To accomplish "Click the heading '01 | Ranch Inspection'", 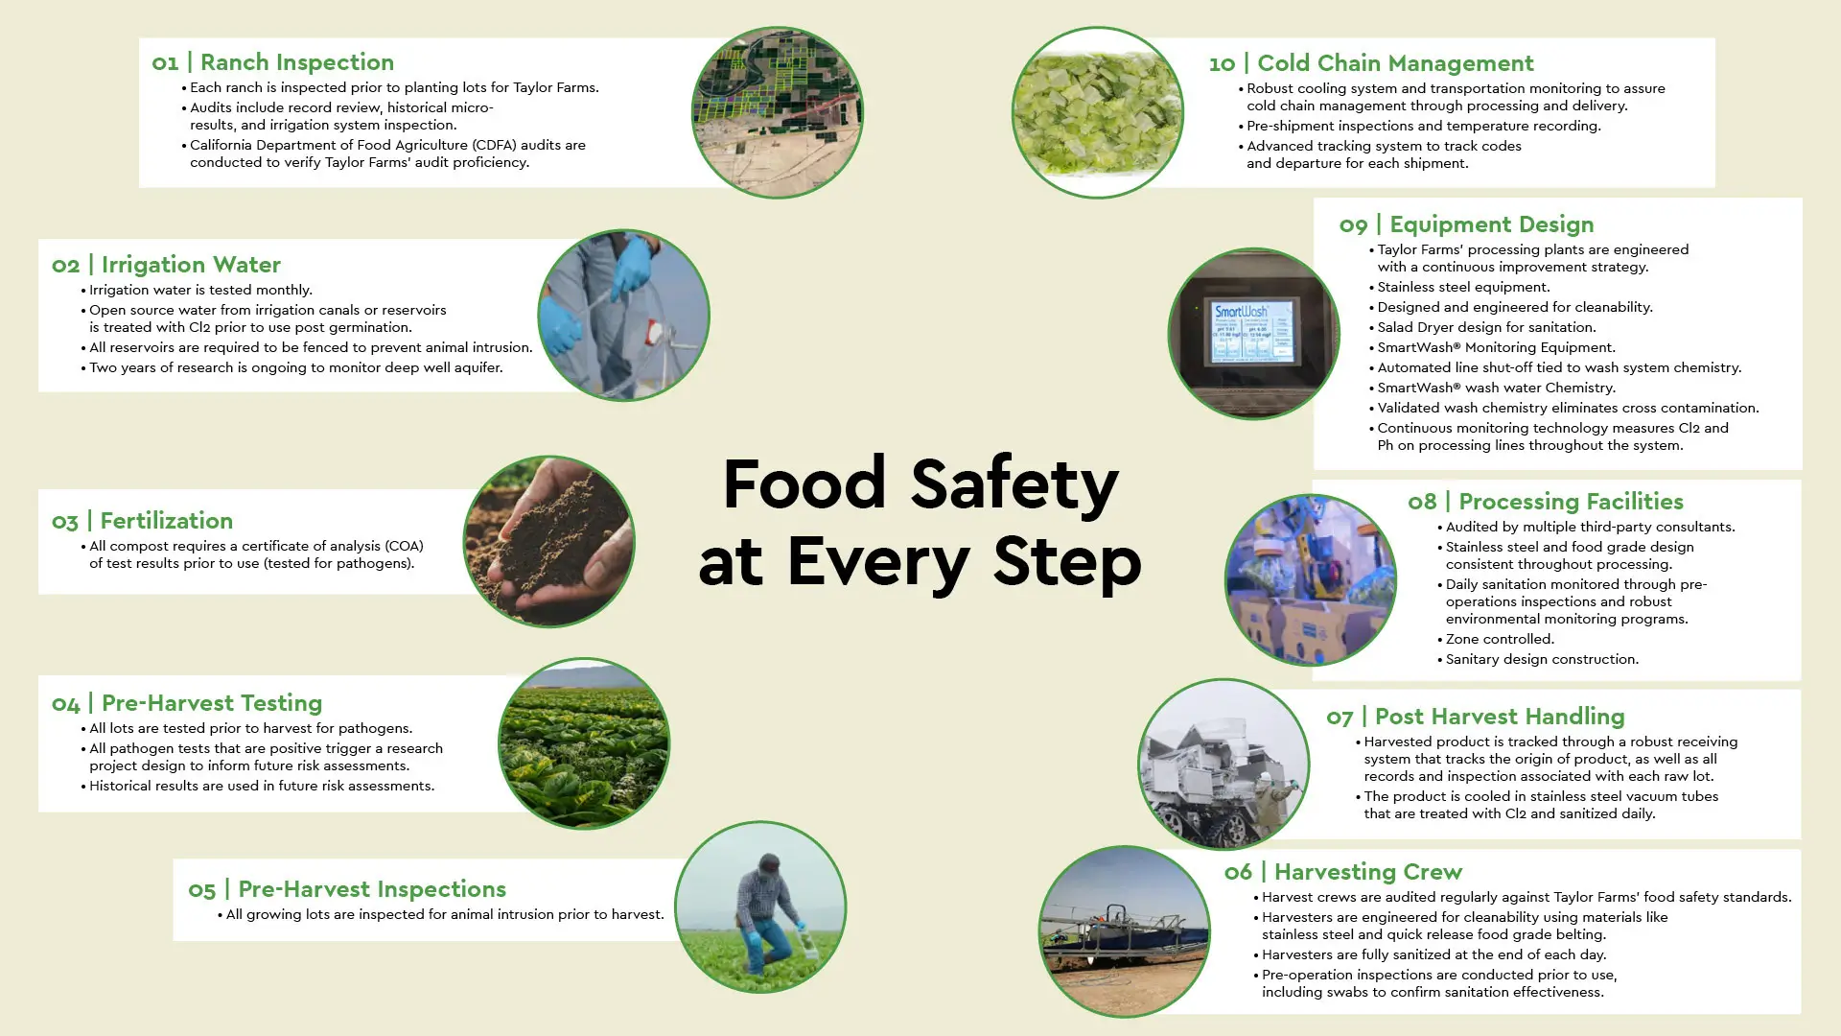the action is pyautogui.click(x=272, y=63).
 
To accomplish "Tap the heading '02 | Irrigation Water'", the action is pyautogui.click(x=166, y=266).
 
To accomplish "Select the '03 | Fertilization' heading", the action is pyautogui.click(x=142, y=521).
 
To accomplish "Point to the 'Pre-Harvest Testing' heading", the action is pyautogui.click(x=212, y=703).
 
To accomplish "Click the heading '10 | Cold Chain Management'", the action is pyautogui.click(x=1371, y=64).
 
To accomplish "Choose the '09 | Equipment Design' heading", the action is pyautogui.click(x=1466, y=225).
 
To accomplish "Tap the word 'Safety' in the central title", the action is pyautogui.click(x=1014, y=485).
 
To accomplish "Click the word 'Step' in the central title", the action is pyautogui.click(x=1067, y=563).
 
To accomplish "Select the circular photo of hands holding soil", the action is pyautogui.click(x=549, y=542).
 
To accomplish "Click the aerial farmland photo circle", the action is pyautogui.click(x=778, y=112).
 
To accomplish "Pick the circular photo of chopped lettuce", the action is pyautogui.click(x=1098, y=112).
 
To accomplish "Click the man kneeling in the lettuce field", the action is pyautogui.click(x=767, y=911).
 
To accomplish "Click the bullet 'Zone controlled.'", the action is pyautogui.click(x=1496, y=640).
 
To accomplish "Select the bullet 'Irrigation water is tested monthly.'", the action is pyautogui.click(x=197, y=291).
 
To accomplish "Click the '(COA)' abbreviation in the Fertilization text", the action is pyautogui.click(x=403, y=547).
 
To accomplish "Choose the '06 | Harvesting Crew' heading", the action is pyautogui.click(x=1343, y=873).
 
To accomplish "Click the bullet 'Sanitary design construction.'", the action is pyautogui.click(x=1538, y=660).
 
